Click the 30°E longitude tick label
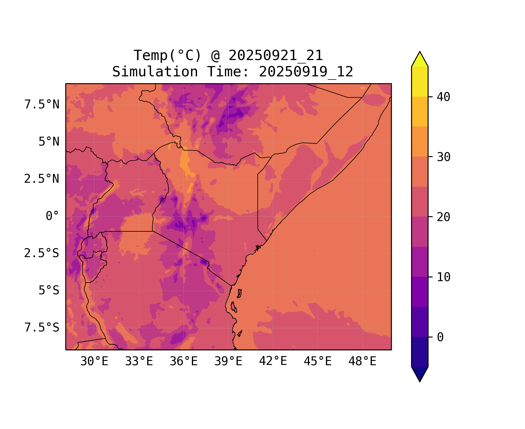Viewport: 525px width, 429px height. coord(94,362)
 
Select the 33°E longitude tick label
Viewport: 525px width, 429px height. coord(139,362)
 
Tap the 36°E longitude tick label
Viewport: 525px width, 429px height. coord(184,362)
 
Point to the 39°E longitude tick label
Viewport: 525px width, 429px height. coord(228,362)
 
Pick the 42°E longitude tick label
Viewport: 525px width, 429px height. coord(273,362)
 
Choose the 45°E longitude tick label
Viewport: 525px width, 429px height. coord(318,362)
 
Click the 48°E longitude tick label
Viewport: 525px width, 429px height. coord(362,362)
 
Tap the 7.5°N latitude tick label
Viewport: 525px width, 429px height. coord(42,105)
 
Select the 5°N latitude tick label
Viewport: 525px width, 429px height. coord(49,142)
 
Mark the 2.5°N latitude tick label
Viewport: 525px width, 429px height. coord(42,179)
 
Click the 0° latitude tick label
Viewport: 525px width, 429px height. coord(52,216)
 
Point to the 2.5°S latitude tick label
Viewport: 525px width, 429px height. coord(42,253)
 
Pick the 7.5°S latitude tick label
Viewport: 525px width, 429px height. coord(42,327)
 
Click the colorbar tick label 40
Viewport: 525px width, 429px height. coord(443,97)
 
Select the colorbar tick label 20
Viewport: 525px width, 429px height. coord(443,217)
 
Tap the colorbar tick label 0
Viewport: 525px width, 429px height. coord(440,337)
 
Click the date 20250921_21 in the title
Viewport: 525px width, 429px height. coord(276,55)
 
